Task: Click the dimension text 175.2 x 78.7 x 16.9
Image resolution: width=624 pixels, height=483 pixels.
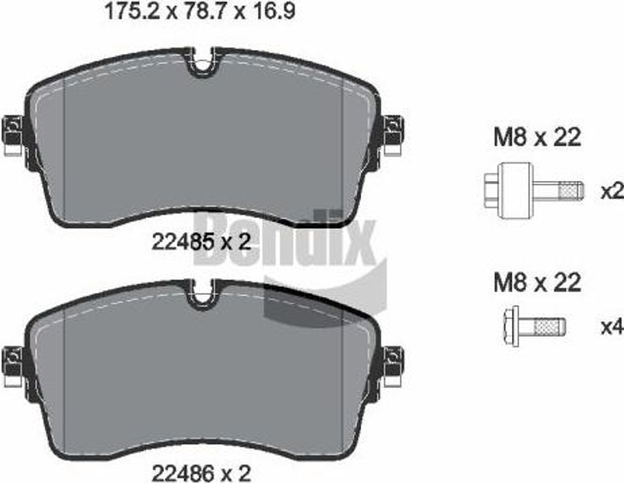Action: point(200,12)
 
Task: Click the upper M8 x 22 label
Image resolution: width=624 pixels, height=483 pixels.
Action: point(537,138)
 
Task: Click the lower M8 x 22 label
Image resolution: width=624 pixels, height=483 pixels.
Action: point(537,283)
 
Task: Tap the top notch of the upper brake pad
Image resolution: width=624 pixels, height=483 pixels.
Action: point(204,64)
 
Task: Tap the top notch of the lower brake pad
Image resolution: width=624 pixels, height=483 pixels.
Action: point(204,296)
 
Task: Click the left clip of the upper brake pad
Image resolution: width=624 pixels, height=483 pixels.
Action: point(13,135)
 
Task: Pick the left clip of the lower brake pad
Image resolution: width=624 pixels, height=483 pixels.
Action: point(13,365)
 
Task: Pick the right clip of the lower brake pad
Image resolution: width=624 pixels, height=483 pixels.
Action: point(393,365)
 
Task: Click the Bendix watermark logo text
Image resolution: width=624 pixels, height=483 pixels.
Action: point(286,241)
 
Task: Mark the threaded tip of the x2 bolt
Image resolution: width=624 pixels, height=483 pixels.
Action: point(571,191)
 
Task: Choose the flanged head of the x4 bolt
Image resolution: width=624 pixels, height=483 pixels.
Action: point(512,326)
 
